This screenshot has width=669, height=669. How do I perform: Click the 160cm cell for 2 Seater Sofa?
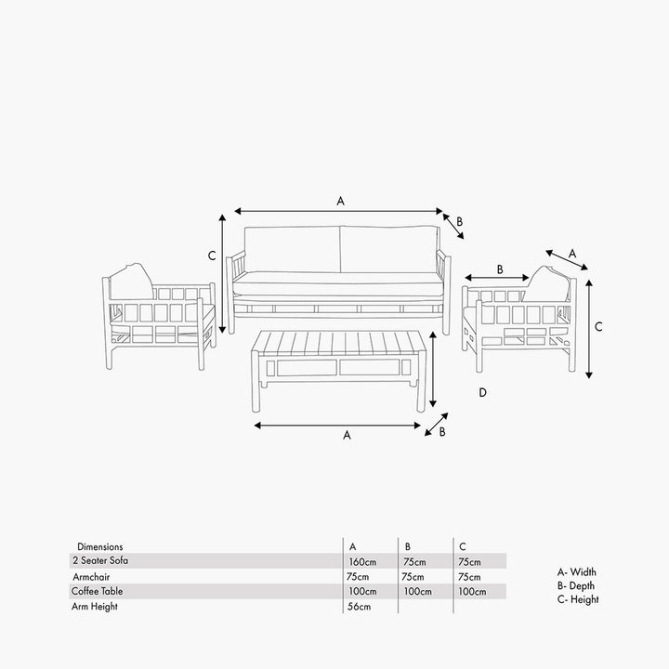pyautogui.click(x=362, y=562)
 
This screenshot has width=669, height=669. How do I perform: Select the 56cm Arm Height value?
pyautogui.click(x=359, y=606)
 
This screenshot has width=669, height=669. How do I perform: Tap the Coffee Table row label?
pyautogui.click(x=98, y=591)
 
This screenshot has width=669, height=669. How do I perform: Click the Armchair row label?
pyautogui.click(x=91, y=577)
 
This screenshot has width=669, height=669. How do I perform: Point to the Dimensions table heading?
pyautogui.click(x=99, y=546)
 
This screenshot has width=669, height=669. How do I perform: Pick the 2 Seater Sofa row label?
pyautogui.click(x=100, y=560)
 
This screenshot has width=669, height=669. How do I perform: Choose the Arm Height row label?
pyautogui.click(x=94, y=606)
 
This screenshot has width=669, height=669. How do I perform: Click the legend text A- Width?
pyautogui.click(x=576, y=571)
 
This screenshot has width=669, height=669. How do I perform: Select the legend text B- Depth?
pyautogui.click(x=575, y=585)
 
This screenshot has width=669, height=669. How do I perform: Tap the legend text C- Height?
pyautogui.click(x=578, y=599)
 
